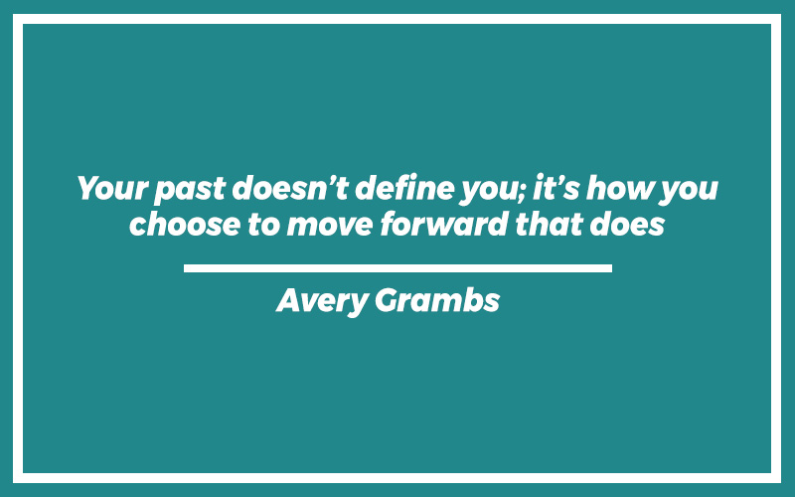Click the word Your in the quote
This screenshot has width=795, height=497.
(x=112, y=189)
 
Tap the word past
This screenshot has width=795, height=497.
(x=190, y=190)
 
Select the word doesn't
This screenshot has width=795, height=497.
(x=290, y=187)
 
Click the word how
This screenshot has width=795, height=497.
(x=619, y=188)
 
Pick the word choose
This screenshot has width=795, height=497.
(x=185, y=224)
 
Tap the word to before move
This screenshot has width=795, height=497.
(x=263, y=225)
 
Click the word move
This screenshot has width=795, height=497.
(x=330, y=226)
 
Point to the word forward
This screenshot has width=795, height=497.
(x=444, y=224)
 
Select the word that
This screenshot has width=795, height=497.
(x=550, y=224)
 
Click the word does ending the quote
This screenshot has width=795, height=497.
(x=627, y=224)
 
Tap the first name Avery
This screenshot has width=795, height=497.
(x=322, y=301)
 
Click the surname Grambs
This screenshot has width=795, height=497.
(x=437, y=300)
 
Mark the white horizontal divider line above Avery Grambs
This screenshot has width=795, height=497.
(x=398, y=268)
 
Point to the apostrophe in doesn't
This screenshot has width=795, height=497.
(x=329, y=180)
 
